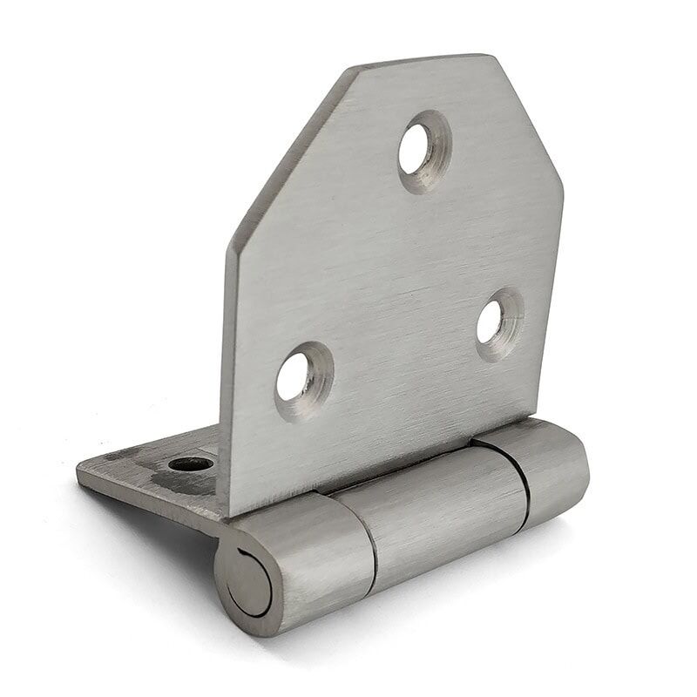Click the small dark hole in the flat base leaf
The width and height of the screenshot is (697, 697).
click(x=190, y=464)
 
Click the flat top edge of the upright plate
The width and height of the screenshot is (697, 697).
click(x=427, y=61)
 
